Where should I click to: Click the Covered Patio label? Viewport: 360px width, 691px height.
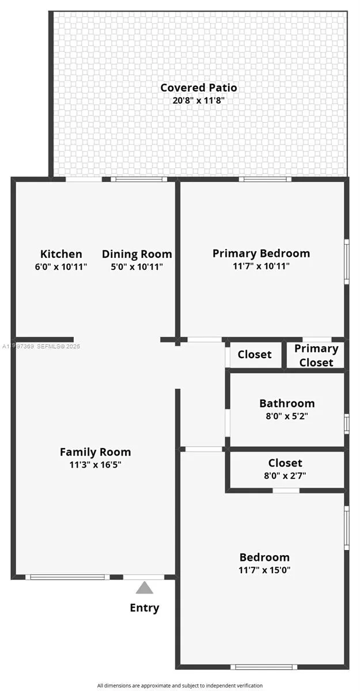coord(198,88)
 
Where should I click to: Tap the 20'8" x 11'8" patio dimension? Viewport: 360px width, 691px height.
coord(198,100)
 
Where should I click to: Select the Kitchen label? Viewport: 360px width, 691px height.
coord(61,254)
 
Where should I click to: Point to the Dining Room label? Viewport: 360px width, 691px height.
coord(137,254)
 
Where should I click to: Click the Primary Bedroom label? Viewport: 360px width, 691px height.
coord(261,253)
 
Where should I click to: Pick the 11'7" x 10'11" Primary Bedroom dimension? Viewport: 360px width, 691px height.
coord(261,266)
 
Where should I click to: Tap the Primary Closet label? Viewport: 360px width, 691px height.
coord(316,355)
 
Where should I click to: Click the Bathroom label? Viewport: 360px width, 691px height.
coord(287,403)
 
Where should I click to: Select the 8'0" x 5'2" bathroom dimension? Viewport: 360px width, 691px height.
coord(287,416)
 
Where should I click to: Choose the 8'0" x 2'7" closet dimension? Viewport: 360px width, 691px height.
coord(285,476)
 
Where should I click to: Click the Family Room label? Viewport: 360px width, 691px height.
coord(96,452)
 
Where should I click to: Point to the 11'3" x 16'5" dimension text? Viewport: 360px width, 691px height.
coord(96,465)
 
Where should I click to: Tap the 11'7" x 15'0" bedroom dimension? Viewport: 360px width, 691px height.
coord(264,570)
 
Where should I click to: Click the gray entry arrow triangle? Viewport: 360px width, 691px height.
coord(145,588)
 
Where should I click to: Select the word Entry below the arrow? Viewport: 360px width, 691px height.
coord(145,608)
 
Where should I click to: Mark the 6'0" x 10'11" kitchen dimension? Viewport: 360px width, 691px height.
coord(61,267)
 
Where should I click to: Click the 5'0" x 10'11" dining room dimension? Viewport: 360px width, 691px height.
coord(137,267)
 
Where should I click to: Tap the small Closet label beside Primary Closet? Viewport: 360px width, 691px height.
coord(255,354)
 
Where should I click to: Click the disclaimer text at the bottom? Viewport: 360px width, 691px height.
coord(180,685)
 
